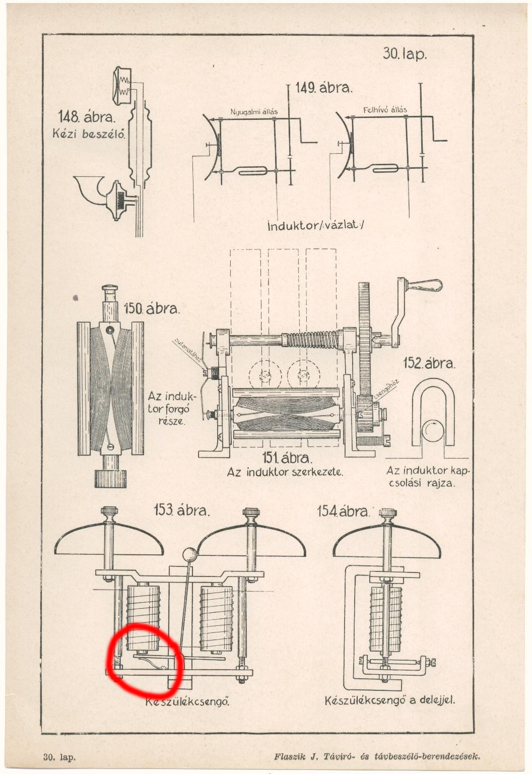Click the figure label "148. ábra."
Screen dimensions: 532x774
[x=87, y=117]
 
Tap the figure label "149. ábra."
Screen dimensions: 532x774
[x=324, y=88]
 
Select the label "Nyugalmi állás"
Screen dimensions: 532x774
[x=254, y=111]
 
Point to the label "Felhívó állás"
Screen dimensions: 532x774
[x=385, y=109]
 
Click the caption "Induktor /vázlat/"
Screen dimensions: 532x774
[x=315, y=225]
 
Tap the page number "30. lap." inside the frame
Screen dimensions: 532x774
[x=405, y=54]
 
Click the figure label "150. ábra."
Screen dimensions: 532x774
[x=152, y=308]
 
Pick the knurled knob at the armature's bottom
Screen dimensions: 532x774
[x=110, y=478]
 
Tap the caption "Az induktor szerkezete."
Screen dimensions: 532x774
[x=285, y=473]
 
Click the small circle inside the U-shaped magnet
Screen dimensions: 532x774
[x=432, y=431]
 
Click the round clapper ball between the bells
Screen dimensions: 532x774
[x=190, y=554]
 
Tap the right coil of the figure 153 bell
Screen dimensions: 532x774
[x=217, y=618]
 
